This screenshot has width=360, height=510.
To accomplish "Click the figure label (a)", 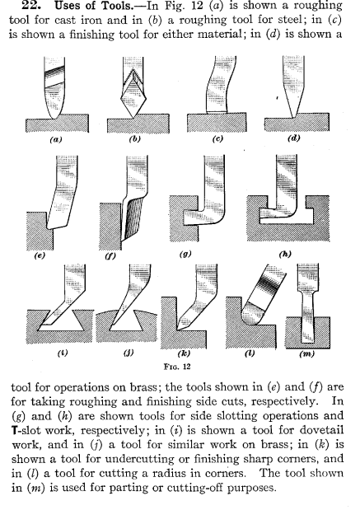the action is click(x=56, y=140).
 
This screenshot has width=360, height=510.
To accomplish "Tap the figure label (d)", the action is click(x=294, y=138).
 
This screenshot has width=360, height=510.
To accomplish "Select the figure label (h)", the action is click(x=285, y=254).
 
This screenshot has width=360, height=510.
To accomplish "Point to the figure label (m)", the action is click(x=306, y=354).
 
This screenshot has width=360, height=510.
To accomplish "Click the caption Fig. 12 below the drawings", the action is click(x=177, y=367).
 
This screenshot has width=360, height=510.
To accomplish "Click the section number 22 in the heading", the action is click(x=31, y=5).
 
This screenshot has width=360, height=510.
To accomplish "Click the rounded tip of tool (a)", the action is click(x=54, y=116).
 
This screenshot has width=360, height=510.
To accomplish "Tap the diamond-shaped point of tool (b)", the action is click(x=133, y=100).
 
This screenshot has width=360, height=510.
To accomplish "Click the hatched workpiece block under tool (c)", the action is click(x=217, y=123).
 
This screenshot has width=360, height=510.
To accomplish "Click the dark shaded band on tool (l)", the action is click(x=269, y=283).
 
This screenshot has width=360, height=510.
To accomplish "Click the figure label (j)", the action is click(x=129, y=353).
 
